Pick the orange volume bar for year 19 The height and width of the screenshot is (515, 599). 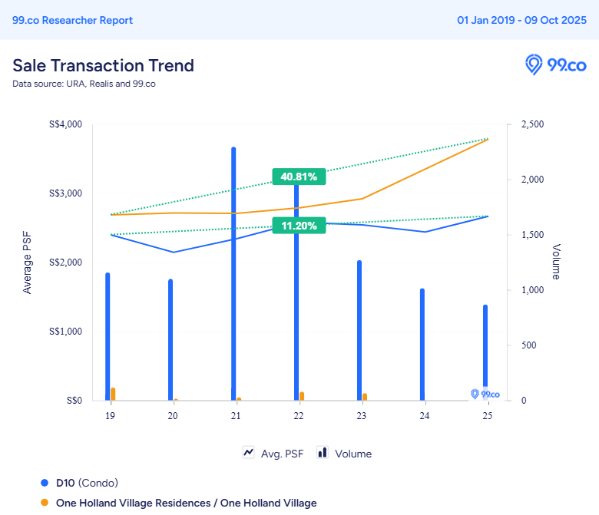point(113,394)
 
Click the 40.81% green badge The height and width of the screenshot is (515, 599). point(299,177)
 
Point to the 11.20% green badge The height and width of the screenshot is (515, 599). point(299,226)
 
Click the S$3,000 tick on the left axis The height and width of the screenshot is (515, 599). point(66,193)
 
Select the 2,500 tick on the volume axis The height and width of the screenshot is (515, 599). point(532,124)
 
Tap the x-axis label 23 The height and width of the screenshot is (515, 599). point(361,415)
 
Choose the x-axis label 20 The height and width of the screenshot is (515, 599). point(173,415)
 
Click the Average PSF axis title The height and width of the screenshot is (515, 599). point(28,262)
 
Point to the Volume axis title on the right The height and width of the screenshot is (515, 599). point(556,262)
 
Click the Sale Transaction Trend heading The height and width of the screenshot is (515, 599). point(103,65)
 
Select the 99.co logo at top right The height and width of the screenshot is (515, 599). point(555,65)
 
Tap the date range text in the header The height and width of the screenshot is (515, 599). point(521,20)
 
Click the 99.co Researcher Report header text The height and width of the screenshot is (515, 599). point(72,20)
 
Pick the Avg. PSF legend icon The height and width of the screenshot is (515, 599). point(249,453)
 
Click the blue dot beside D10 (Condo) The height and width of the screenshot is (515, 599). point(45,483)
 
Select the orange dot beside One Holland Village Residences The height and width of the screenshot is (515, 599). point(45,503)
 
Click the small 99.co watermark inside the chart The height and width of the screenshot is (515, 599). point(485,394)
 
